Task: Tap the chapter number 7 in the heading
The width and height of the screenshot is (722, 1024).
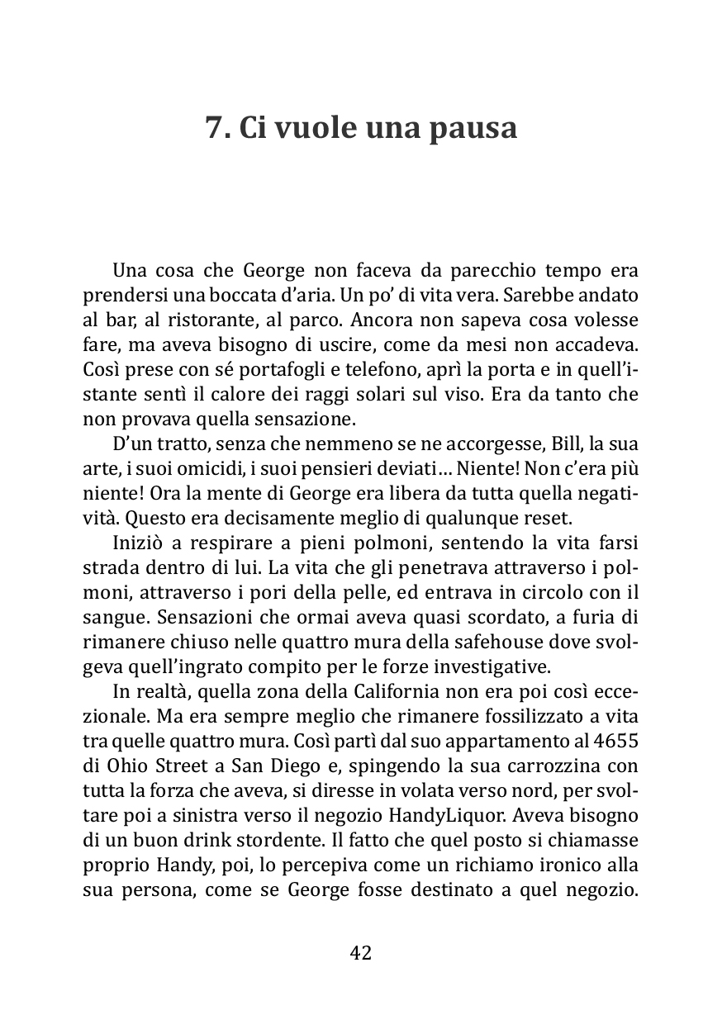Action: point(213,128)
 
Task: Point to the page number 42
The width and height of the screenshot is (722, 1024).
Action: point(361,952)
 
